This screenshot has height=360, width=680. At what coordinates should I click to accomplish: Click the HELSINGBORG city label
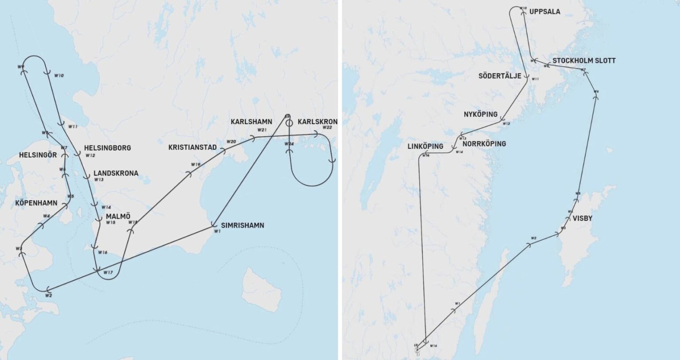(108, 148)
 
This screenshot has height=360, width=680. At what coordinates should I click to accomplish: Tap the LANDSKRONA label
(116, 173)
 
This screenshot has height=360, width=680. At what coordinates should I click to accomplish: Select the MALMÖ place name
(118, 217)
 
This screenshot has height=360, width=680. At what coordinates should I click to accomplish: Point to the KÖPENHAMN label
(36, 203)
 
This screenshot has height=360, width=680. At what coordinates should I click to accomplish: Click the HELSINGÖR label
(38, 155)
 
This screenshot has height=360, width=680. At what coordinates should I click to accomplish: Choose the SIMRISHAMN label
(243, 225)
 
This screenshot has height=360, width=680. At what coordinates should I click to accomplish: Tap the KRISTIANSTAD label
(193, 147)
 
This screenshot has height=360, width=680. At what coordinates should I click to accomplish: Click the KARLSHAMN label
(251, 121)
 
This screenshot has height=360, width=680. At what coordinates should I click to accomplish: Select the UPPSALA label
(545, 12)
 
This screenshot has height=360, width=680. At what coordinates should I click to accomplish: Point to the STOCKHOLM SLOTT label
(584, 61)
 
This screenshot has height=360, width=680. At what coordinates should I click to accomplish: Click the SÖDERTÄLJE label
(500, 76)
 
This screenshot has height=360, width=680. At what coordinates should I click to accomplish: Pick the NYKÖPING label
(481, 114)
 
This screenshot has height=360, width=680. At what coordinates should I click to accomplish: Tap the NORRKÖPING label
(484, 144)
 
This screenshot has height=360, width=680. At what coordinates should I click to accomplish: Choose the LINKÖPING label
(425, 146)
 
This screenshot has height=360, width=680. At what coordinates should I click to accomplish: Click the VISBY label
(582, 218)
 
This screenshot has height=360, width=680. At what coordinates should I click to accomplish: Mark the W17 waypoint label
(108, 272)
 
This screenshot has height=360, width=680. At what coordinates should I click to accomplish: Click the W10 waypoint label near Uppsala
(523, 8)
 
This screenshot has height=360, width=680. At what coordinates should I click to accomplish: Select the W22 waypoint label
(327, 128)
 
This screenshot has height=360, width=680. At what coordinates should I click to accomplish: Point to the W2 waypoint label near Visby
(533, 238)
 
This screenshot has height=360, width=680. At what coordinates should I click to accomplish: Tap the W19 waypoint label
(196, 164)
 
